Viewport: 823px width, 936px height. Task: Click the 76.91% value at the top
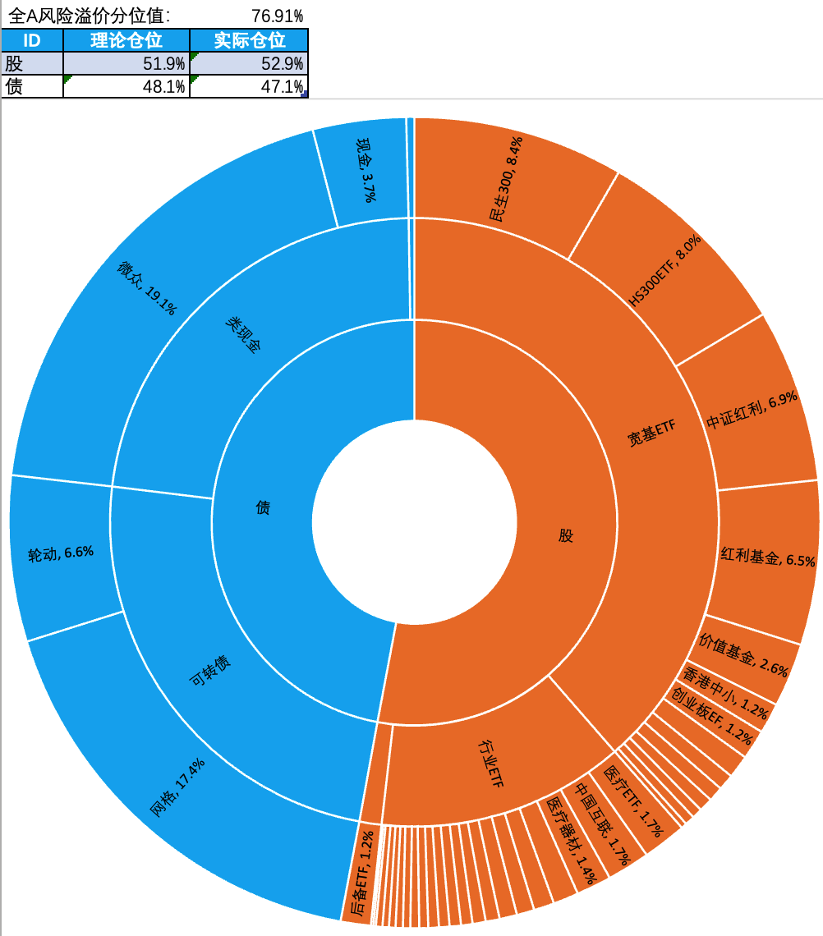277,16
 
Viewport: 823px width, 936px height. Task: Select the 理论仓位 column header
126,40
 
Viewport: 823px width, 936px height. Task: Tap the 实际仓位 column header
249,40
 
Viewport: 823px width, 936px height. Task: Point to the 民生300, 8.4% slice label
506,180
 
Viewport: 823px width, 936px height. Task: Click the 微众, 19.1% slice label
147,288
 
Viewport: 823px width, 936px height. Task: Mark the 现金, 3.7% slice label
366,169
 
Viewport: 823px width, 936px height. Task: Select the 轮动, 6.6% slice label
61,553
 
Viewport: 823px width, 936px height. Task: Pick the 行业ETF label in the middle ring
491,763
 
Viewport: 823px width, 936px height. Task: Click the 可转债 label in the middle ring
209,672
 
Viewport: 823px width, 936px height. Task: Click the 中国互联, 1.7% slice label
603,824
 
